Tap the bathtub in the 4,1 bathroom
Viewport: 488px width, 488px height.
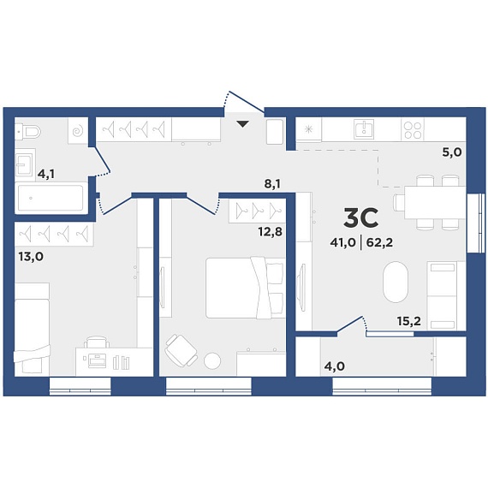(51, 198)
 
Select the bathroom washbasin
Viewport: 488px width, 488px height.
(24, 164)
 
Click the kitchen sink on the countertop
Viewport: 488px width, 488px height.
(364, 128)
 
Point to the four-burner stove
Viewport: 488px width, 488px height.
(413, 128)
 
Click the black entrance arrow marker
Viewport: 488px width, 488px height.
(243, 124)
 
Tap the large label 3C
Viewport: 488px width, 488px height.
(361, 217)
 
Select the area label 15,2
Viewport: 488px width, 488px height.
(409, 321)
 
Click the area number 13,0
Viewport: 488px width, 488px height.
(31, 257)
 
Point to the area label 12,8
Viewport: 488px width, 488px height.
(270, 231)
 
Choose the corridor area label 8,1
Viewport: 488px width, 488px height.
(272, 184)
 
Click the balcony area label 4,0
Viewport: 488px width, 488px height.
(335, 366)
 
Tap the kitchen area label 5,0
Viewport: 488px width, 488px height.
(452, 152)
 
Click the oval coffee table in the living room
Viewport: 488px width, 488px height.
(396, 282)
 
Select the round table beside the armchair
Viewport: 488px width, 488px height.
(212, 360)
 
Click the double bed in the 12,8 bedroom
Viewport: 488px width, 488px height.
(245, 288)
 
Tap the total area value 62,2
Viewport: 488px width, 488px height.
(379, 242)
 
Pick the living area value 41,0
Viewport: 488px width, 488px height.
(342, 242)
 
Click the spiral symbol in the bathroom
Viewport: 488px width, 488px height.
(77, 131)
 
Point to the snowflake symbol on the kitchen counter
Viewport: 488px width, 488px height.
(308, 129)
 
